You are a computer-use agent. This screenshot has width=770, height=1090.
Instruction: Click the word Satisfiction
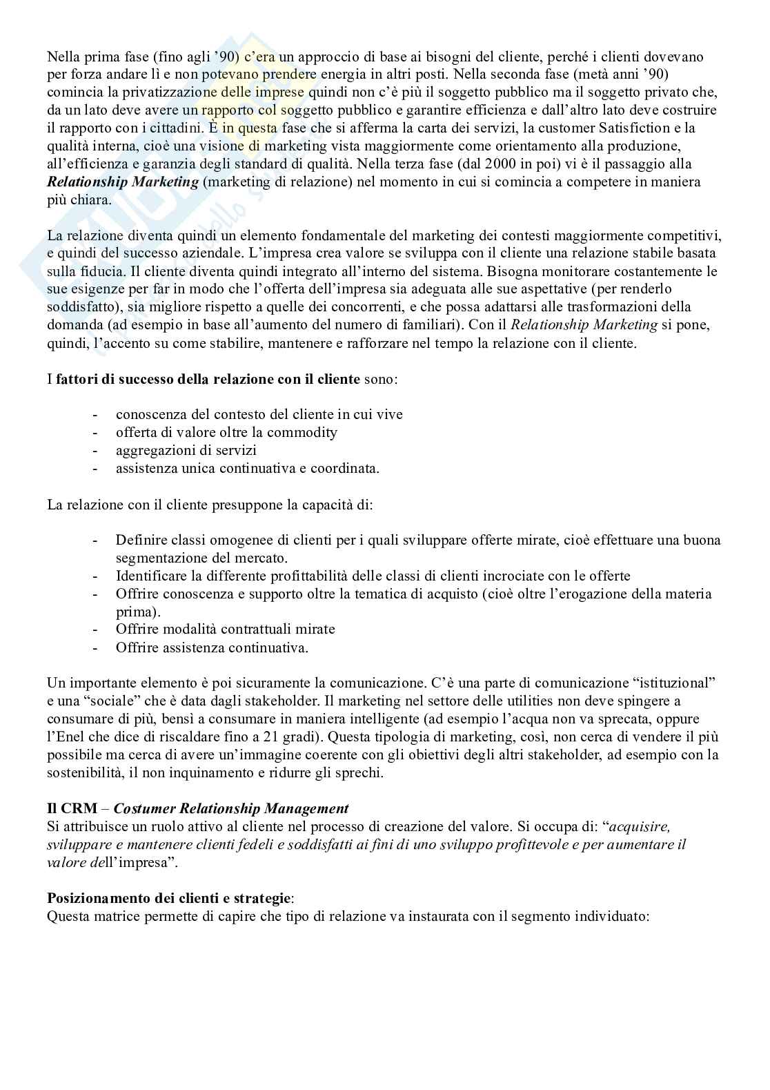[x=618, y=128]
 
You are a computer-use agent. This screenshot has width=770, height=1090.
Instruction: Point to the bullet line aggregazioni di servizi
[x=186, y=451]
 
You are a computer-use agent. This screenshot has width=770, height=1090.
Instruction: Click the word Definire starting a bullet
[x=141, y=540]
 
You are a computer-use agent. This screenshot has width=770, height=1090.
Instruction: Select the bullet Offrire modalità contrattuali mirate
[x=225, y=630]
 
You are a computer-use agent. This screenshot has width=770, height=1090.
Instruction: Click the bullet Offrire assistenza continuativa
[x=211, y=648]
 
